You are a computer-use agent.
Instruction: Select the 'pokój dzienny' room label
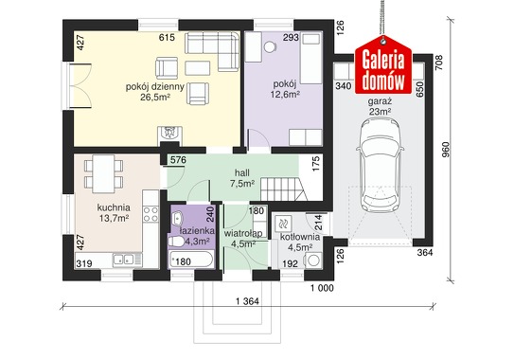[154, 86]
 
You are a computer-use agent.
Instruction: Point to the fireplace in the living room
[169, 135]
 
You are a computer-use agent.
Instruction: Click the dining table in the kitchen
[103, 174]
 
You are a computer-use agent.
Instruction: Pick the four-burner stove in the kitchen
[151, 214]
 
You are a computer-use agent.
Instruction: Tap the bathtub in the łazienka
[191, 261]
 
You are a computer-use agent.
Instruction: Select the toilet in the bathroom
[176, 242]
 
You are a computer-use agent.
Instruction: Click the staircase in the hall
[284, 189]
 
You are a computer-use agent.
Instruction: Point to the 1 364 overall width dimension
[247, 301]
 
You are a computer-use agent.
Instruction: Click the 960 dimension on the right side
[446, 150]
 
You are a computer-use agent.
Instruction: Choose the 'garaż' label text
[380, 101]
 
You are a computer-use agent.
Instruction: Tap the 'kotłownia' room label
[300, 237]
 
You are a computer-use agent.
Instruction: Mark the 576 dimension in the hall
[178, 160]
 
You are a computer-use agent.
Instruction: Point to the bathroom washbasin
[177, 218]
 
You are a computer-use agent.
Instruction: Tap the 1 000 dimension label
[322, 288]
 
